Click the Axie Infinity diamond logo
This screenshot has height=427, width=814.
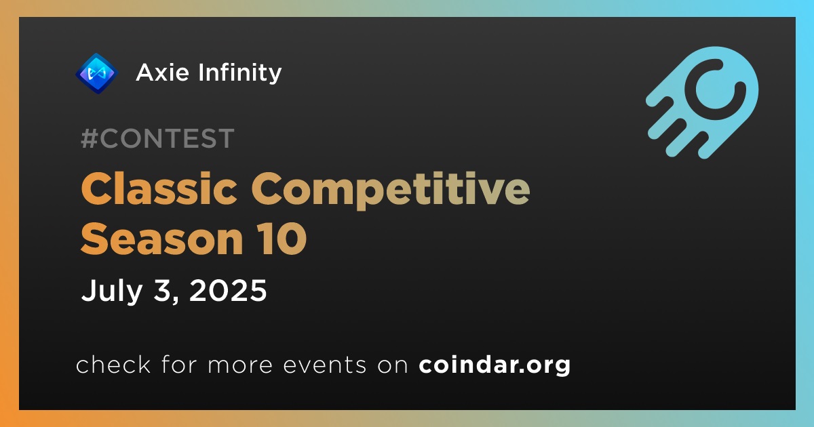(96, 73)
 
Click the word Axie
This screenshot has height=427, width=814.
(162, 73)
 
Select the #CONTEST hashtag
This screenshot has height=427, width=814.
(157, 138)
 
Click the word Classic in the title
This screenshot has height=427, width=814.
(159, 189)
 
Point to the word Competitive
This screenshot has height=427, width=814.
(391, 191)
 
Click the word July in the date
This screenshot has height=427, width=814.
(111, 291)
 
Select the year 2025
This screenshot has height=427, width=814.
(228, 290)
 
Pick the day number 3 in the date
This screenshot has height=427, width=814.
(162, 290)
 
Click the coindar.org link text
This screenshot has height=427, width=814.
(495, 365)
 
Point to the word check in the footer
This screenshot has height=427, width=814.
(113, 364)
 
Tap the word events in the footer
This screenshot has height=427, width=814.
(325, 365)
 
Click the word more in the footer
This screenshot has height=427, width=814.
(240, 365)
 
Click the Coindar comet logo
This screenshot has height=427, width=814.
(702, 102)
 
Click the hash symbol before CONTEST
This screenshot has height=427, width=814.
(90, 138)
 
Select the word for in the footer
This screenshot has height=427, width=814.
(179, 364)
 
